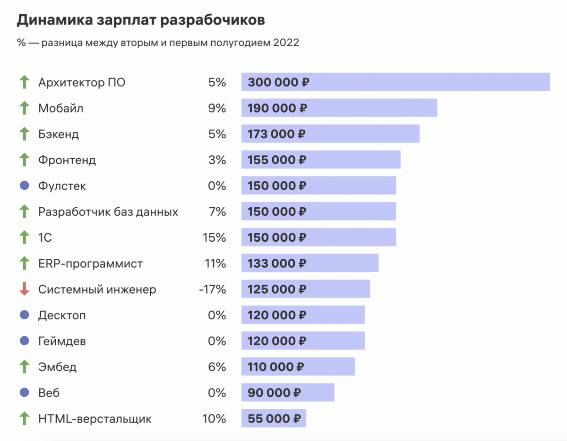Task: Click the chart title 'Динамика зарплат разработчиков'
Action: pos(141,21)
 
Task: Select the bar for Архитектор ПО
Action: pos(395,82)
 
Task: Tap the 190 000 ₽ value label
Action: pos(277,108)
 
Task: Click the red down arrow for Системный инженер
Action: pos(24,289)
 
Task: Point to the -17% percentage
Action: pos(213,289)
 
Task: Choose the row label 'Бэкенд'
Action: pos(59,134)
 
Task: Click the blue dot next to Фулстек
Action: pos(24,186)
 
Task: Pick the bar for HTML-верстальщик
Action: pos(274,418)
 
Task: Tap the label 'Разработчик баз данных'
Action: pos(108,212)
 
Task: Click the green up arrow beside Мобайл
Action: pos(24,108)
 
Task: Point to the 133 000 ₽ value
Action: pos(277,263)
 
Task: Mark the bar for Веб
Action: pos(288,392)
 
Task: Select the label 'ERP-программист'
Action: pos(90,263)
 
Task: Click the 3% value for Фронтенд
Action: pos(217,160)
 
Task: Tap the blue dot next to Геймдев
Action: pos(24,341)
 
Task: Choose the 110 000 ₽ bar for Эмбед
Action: pos(298,366)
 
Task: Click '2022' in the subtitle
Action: pos(286,43)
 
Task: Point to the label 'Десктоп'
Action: pos(62,315)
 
